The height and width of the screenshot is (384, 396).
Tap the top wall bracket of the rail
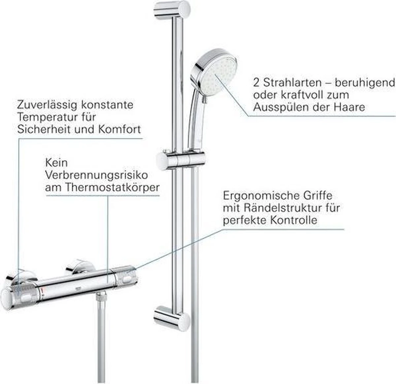pos(172,10)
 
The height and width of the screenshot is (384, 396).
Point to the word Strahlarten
pos(293,83)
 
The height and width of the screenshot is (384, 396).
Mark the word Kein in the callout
pos(56,163)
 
